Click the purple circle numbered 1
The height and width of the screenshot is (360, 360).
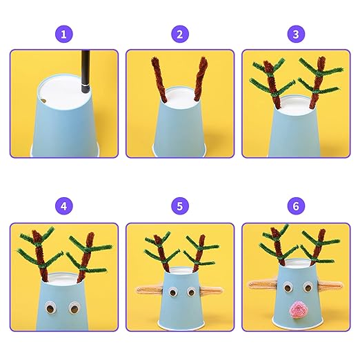click(x=64, y=34)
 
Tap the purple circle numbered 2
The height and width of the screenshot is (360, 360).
click(x=180, y=34)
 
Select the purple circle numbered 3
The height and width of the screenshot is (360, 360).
click(x=296, y=34)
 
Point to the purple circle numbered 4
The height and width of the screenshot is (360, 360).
click(x=64, y=206)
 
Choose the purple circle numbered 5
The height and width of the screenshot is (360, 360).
click(x=180, y=206)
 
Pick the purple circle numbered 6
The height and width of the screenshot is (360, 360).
click(x=296, y=206)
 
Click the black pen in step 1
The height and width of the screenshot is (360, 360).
click(x=86, y=71)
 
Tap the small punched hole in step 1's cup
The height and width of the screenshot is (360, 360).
click(x=43, y=101)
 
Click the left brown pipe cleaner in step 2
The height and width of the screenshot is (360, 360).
click(x=159, y=79)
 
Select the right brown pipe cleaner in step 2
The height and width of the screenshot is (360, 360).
click(x=200, y=79)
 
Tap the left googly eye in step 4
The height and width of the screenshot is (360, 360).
click(x=50, y=308)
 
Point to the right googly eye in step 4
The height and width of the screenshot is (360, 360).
click(x=74, y=308)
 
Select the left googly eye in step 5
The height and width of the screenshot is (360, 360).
click(x=172, y=292)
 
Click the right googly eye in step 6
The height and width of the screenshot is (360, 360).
click(x=308, y=288)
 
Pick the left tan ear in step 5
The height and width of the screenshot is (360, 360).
click(x=149, y=290)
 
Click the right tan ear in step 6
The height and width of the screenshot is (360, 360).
click(x=330, y=286)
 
